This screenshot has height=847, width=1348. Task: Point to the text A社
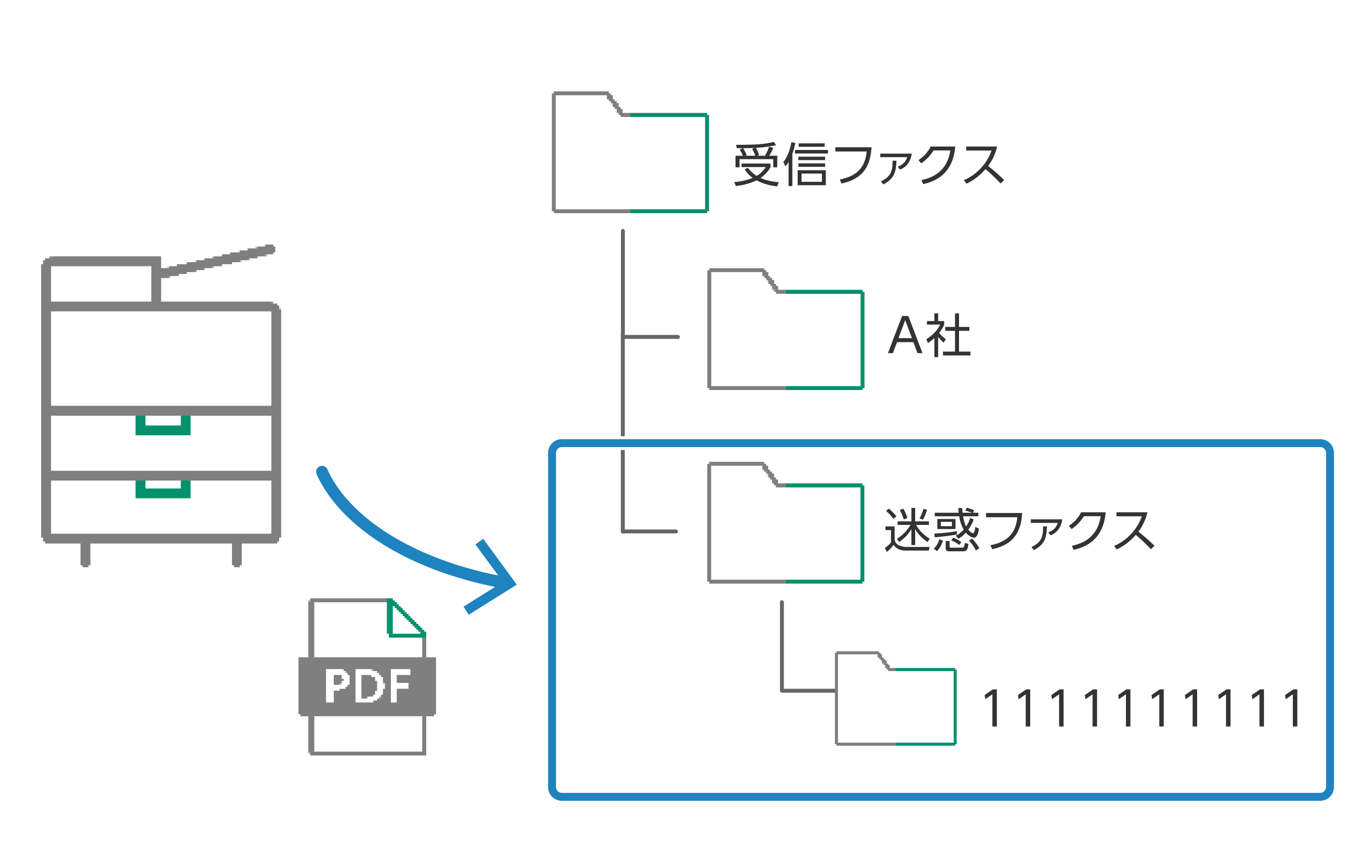click(x=929, y=335)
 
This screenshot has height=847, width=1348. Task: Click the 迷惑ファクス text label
click(x=1018, y=530)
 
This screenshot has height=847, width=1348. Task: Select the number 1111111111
click(x=1142, y=708)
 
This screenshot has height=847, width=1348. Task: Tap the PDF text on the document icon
click(x=367, y=686)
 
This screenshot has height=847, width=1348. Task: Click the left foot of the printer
click(x=85, y=554)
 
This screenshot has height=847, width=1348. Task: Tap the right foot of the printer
click(x=237, y=554)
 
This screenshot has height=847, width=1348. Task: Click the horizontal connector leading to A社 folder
click(x=651, y=337)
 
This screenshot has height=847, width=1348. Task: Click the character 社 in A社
click(x=948, y=336)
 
